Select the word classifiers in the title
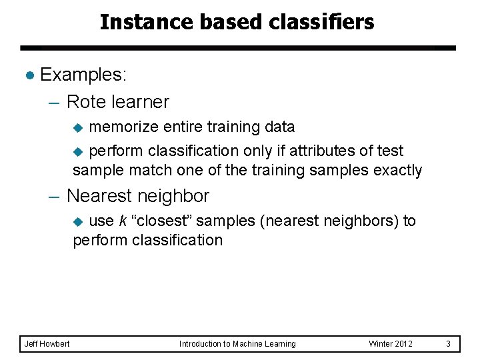[323, 22]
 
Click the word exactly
[398, 170]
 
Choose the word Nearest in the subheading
[101, 196]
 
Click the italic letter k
[123, 221]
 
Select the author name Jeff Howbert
[47, 343]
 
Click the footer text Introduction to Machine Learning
[237, 343]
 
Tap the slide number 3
[448, 343]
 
